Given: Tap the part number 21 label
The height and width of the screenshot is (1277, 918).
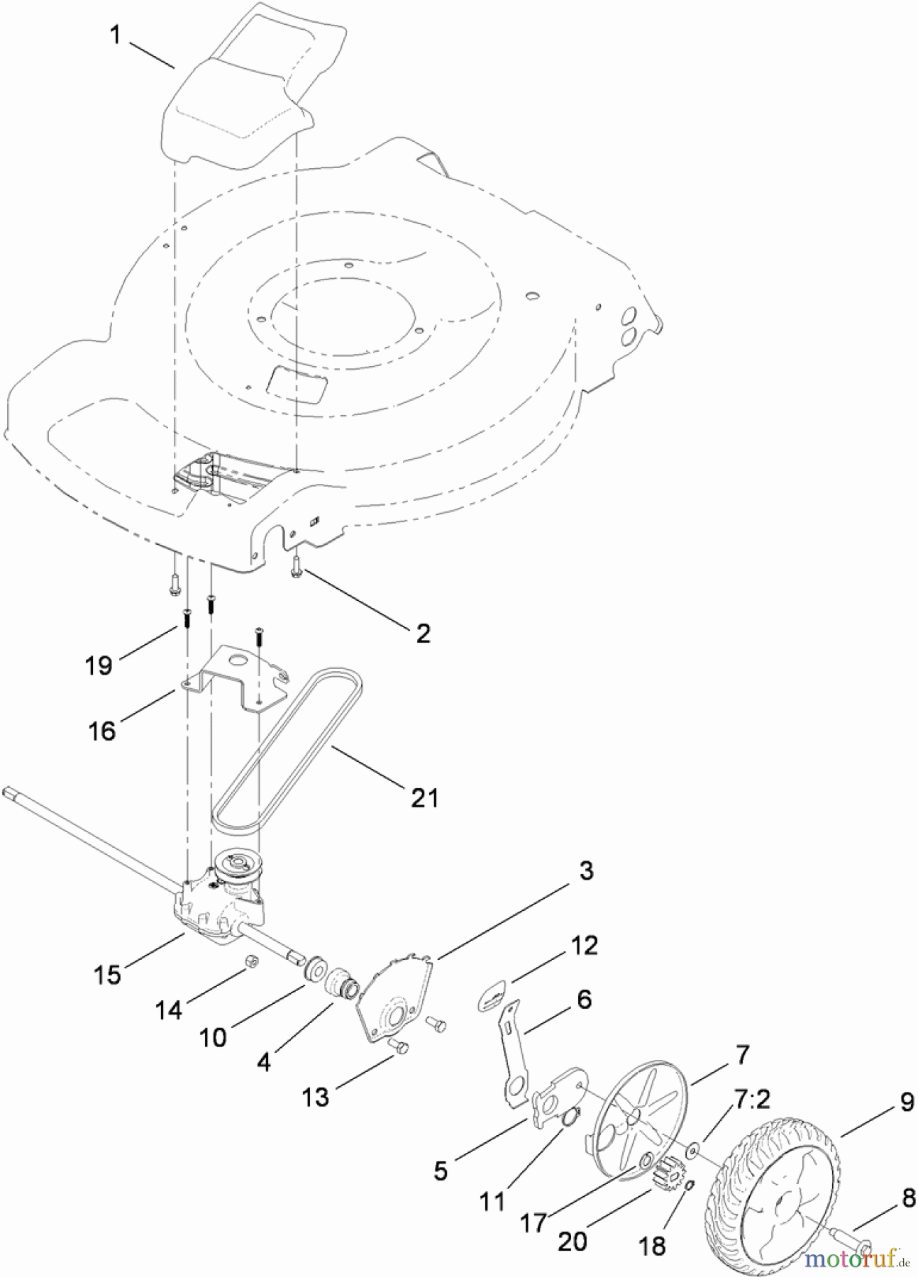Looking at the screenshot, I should pos(425,797).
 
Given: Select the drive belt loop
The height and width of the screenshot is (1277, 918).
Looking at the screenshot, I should pos(287,745).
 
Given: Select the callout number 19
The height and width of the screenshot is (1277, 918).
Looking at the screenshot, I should pos(99,665).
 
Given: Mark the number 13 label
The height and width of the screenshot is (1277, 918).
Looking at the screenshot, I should pos(316,1097).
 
